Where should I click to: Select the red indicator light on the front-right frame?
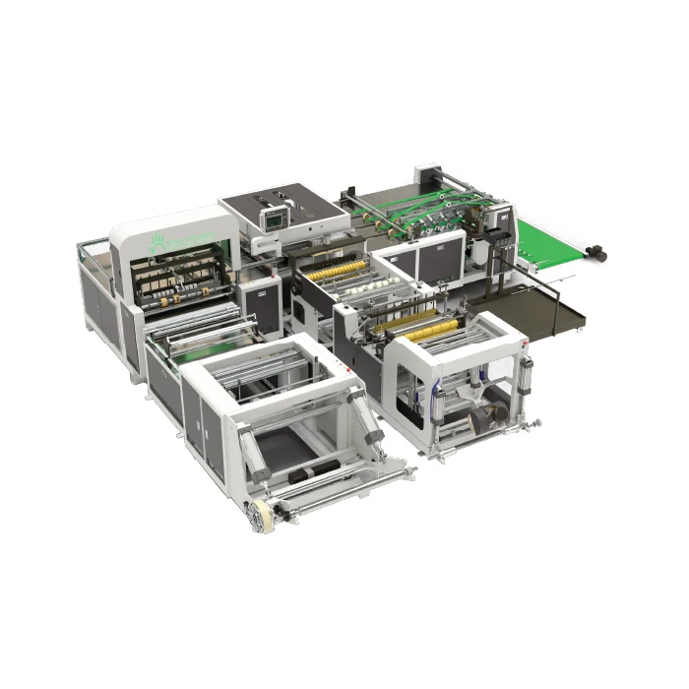click(x=526, y=344)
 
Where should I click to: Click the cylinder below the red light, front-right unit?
click(x=527, y=374)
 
